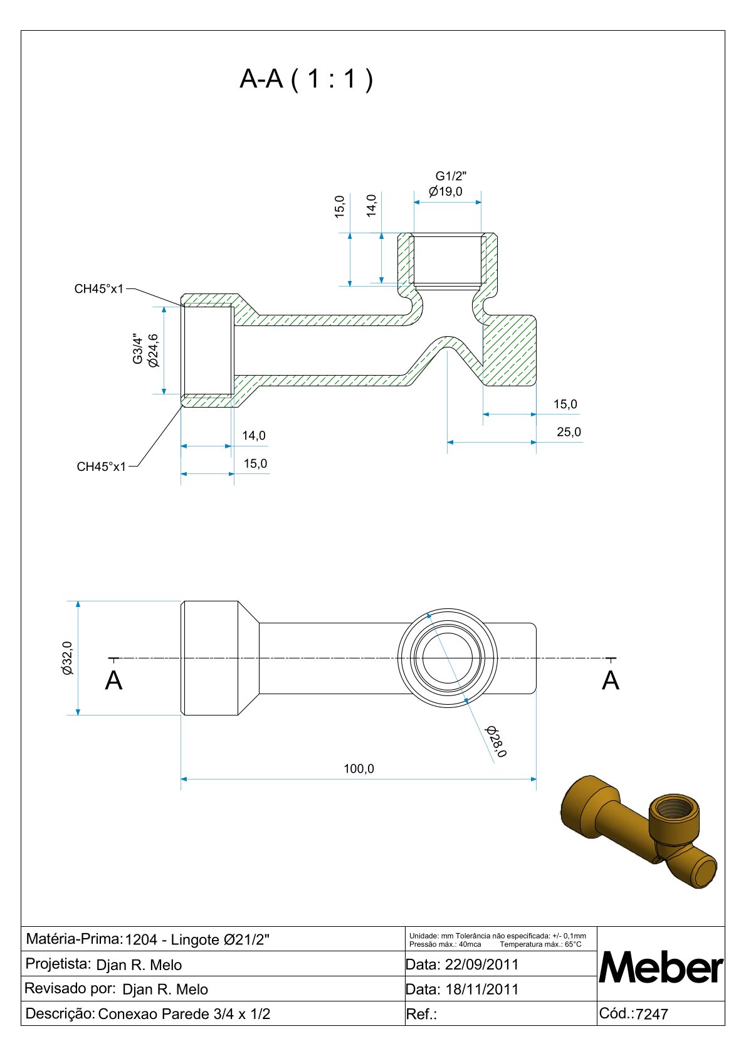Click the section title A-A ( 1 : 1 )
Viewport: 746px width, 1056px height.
pos(306,79)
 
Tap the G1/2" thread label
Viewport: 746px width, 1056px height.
pos(451,176)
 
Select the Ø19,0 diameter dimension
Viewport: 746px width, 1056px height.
pos(446,191)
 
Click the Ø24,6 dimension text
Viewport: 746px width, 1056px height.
pos(154,351)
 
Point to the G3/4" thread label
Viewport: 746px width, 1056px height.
pos(138,349)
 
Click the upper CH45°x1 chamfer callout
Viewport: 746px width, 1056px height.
pos(99,289)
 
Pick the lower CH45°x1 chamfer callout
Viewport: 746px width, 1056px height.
pos(101,467)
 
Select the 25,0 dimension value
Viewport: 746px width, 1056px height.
pos(569,432)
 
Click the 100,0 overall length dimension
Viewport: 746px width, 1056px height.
pos(359,769)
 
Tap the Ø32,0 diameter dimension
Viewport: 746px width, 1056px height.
pos(68,658)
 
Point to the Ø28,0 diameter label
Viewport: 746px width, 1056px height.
pos(496,741)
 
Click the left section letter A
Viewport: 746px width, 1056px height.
pos(113,680)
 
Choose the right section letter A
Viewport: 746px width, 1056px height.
pos(610,680)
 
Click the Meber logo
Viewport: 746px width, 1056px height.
pos(661,968)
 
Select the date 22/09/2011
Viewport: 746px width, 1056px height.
pos(481,964)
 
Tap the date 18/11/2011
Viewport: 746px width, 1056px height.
pos(481,990)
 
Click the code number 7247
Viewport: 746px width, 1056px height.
pos(652,1014)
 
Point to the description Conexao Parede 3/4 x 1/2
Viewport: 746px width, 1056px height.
pos(184,1014)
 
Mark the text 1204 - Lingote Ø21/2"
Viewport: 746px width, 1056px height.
pos(197,940)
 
